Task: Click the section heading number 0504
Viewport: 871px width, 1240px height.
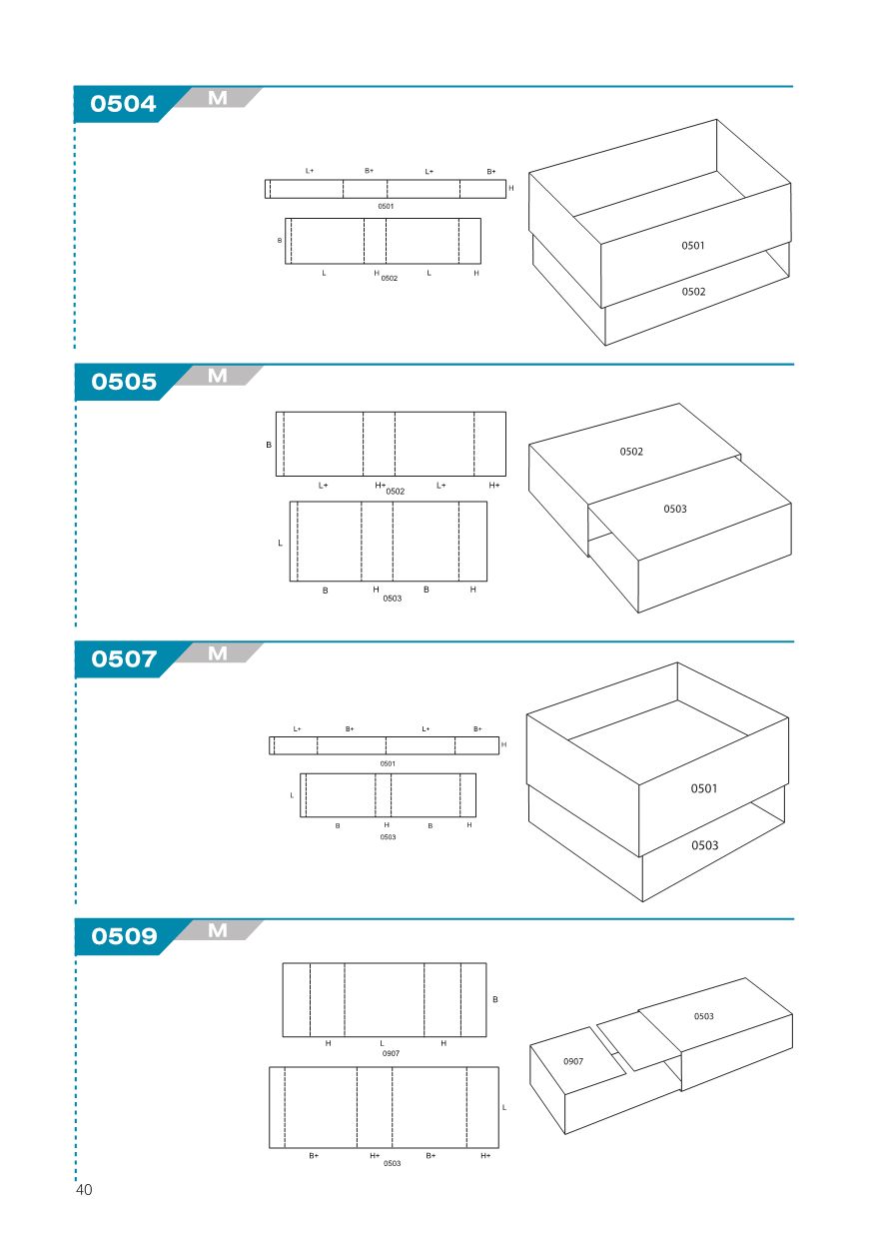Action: (x=123, y=104)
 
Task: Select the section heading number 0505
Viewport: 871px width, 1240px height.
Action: (x=124, y=382)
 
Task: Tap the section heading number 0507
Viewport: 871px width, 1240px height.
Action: (x=124, y=659)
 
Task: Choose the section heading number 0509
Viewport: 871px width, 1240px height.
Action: (x=124, y=936)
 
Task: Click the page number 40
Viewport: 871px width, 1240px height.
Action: (x=84, y=1190)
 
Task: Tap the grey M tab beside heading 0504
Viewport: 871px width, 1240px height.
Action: (x=218, y=98)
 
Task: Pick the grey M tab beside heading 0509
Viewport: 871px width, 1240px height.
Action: (x=218, y=930)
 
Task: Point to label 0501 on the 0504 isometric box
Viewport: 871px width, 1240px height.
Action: (x=693, y=245)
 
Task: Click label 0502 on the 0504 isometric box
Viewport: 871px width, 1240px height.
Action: (x=693, y=292)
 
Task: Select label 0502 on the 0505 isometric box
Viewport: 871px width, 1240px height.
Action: (x=631, y=452)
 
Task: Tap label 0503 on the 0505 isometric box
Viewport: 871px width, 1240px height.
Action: (x=675, y=509)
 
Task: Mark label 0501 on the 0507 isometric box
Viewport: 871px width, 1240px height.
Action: (x=704, y=788)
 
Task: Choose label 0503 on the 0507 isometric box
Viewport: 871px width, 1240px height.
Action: (x=704, y=845)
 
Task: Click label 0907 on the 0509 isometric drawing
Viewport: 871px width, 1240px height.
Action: (x=573, y=1061)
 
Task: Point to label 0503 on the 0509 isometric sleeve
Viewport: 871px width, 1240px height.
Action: (x=704, y=1016)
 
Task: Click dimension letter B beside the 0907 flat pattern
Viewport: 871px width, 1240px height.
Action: (x=495, y=1000)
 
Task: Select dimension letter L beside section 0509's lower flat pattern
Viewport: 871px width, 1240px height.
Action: (x=504, y=1108)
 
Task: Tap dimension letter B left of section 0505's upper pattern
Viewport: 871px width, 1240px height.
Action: (x=269, y=445)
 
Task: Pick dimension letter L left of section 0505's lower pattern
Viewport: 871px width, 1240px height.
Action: (x=280, y=543)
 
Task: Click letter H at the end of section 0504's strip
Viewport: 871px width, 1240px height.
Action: (x=511, y=188)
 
